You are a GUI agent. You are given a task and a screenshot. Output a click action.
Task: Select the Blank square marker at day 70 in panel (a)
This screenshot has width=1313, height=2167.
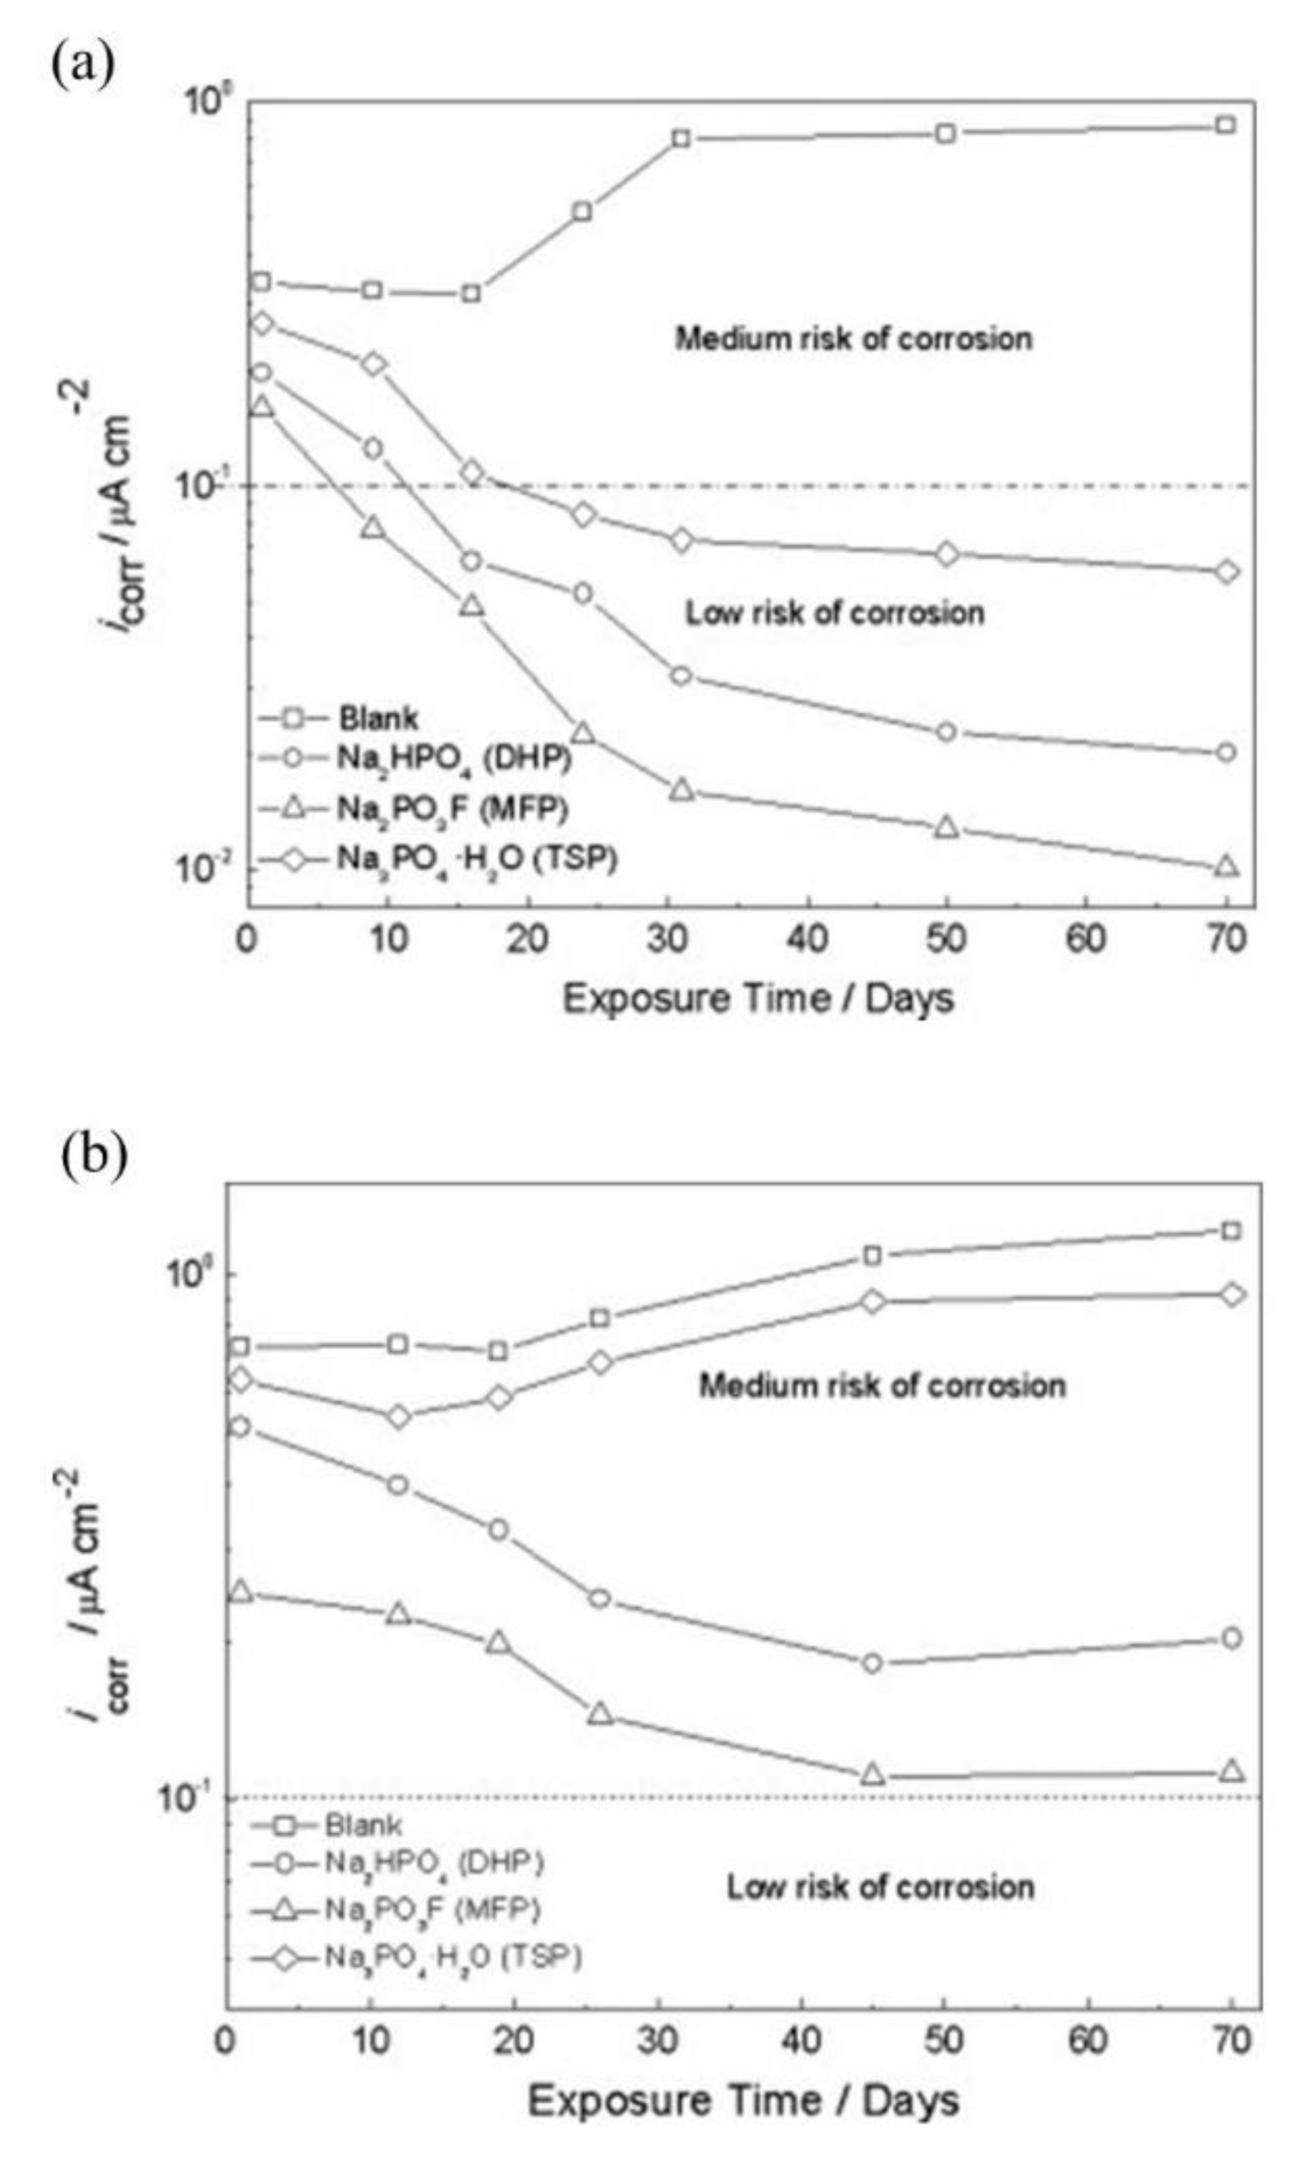[x=1226, y=125]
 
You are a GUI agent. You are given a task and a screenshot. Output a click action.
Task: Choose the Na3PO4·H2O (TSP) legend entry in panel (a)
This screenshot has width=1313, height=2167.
[x=476, y=858]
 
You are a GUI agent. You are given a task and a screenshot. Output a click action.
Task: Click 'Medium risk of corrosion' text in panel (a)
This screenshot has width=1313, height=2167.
[x=853, y=338]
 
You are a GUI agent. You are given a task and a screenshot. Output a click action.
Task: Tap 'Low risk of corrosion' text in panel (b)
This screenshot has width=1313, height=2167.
[x=880, y=1887]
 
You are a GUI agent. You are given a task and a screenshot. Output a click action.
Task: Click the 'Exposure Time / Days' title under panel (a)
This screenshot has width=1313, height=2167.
[x=758, y=999]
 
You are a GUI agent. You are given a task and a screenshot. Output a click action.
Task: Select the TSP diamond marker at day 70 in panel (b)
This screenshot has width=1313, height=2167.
[x=1232, y=1294]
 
